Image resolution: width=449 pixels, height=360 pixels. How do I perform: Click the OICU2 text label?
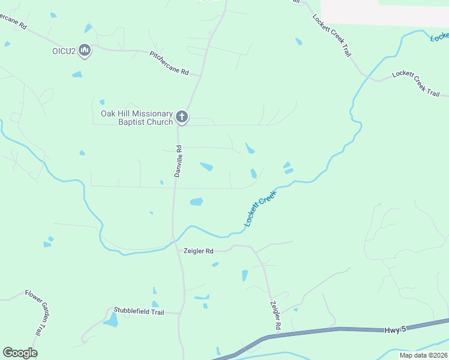pyautogui.click(x=64, y=50)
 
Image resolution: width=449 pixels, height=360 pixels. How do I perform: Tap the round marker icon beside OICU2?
pyautogui.click(x=85, y=50)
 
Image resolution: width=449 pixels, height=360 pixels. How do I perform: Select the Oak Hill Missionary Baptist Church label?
pyautogui.click(x=137, y=117)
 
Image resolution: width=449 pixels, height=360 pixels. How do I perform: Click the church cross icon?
pyautogui.click(x=182, y=116)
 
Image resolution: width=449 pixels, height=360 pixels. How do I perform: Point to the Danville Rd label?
pyautogui.click(x=178, y=161)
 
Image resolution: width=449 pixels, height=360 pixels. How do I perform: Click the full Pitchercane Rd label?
pyautogui.click(x=169, y=63)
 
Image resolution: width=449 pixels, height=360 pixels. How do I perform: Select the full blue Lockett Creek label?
pyautogui.click(x=260, y=209)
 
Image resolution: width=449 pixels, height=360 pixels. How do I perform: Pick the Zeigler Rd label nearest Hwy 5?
pyautogui.click(x=276, y=316)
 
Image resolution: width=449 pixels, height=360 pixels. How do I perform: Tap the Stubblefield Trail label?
pyautogui.click(x=139, y=311)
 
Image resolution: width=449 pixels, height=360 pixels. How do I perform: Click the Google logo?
pyautogui.click(x=20, y=353)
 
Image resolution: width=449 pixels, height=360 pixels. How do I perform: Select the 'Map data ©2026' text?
pyautogui.click(x=423, y=355)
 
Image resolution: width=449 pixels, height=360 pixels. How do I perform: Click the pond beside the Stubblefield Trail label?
pyautogui.click(x=111, y=320)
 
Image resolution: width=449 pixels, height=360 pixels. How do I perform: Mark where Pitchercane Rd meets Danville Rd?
pyautogui.click(x=200, y=75)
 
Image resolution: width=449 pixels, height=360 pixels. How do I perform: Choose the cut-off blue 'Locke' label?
pyautogui.click(x=439, y=37)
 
